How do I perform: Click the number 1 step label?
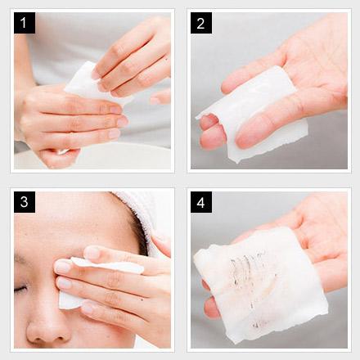click(25, 23)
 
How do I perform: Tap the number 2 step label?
click(201, 23)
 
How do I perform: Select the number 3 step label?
click(25, 202)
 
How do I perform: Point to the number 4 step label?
click(201, 202)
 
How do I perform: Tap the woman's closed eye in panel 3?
click(20, 289)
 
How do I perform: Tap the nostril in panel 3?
click(59, 338)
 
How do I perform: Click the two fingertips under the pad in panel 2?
click(213, 133)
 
